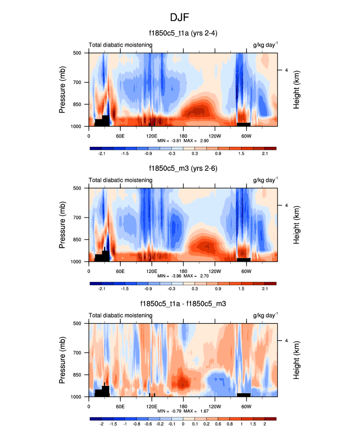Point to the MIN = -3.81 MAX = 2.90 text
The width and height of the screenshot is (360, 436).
pos(183,140)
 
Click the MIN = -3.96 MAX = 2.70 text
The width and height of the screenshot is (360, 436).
pos(183,276)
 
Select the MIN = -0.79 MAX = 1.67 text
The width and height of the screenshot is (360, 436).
pos(183,411)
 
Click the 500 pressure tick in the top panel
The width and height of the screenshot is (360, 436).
pos(78,53)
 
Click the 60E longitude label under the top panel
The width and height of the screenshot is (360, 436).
pos(120,136)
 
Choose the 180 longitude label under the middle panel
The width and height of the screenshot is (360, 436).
pos(183,271)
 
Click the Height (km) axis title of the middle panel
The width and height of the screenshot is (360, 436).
pos(297,225)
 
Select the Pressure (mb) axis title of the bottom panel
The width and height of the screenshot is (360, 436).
pos(62,360)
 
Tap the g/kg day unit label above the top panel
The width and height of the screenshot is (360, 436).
pos(265,45)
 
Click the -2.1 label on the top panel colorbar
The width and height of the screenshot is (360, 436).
pos(102,154)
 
